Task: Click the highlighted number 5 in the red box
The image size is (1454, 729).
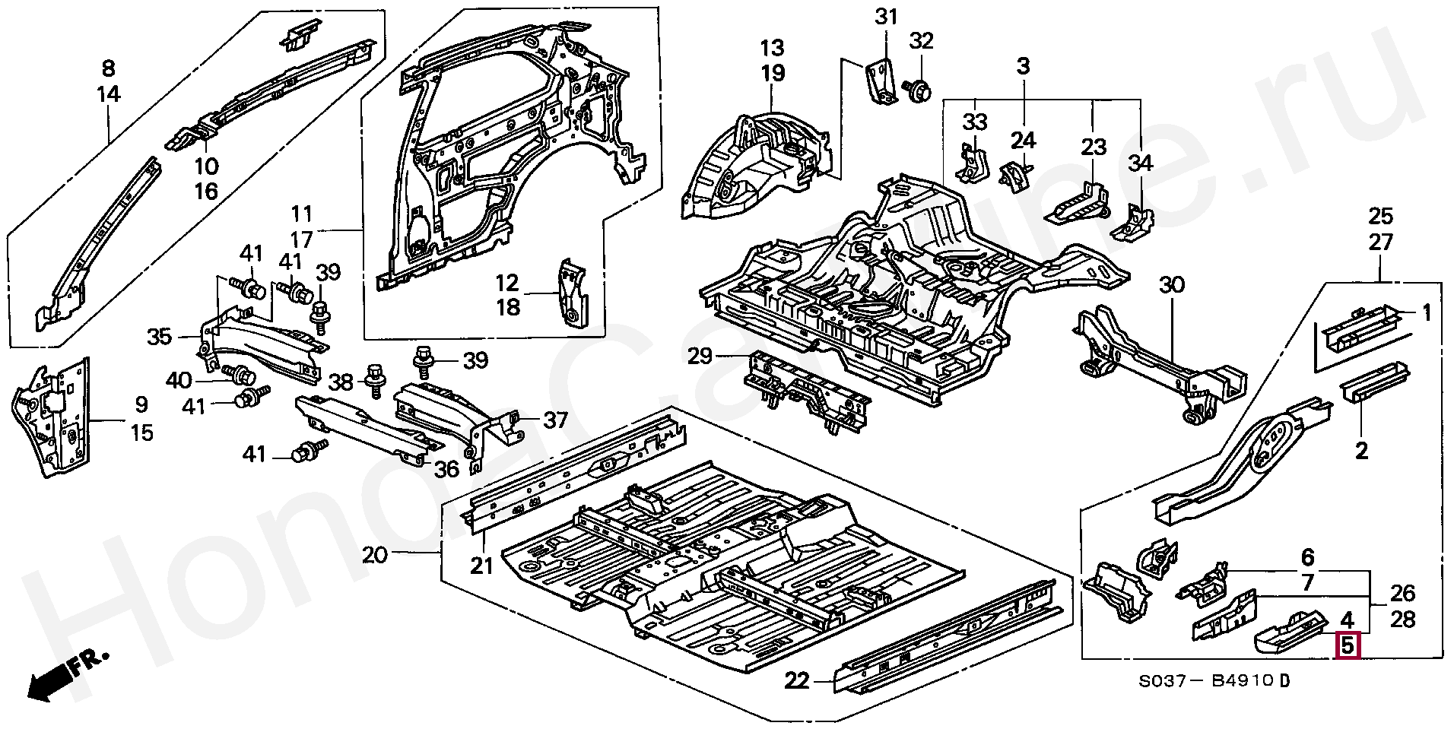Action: pyautogui.click(x=1347, y=646)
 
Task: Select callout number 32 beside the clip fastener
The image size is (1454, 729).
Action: pyautogui.click(x=921, y=41)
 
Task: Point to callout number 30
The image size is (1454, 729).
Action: pyautogui.click(x=1173, y=286)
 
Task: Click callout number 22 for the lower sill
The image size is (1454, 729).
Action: pyautogui.click(x=797, y=680)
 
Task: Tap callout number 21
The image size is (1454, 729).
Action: pyautogui.click(x=482, y=566)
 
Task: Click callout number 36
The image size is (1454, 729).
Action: pyautogui.click(x=446, y=469)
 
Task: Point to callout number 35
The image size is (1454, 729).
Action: pyautogui.click(x=160, y=336)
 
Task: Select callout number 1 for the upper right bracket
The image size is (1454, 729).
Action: pyautogui.click(x=1427, y=312)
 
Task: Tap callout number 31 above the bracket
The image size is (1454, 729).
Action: pyautogui.click(x=886, y=17)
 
